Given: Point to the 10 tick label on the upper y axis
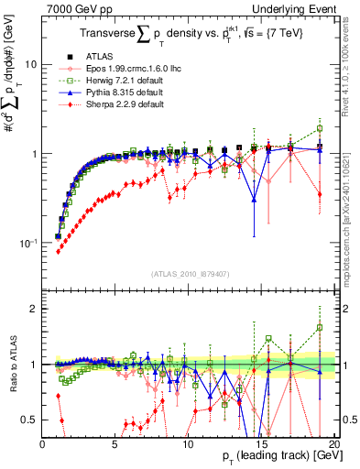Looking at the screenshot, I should [30, 65].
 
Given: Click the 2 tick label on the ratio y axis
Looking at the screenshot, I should [35, 309].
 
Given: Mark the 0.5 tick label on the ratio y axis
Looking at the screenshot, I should [30, 420].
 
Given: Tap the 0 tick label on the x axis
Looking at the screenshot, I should [43, 443].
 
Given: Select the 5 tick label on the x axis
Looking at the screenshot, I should [115, 443].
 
